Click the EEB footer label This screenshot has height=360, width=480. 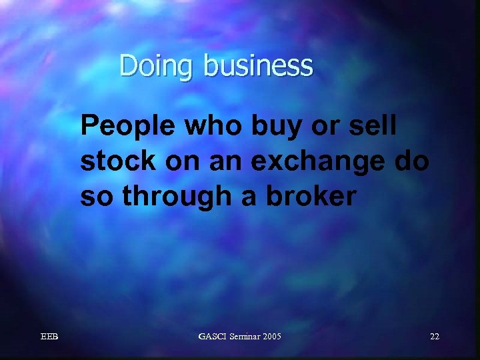(x=49, y=337)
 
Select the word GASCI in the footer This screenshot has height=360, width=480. (x=213, y=337)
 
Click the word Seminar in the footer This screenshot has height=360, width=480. (x=244, y=337)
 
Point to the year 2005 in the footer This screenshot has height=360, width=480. (x=271, y=337)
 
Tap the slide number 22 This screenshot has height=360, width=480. (x=434, y=337)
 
